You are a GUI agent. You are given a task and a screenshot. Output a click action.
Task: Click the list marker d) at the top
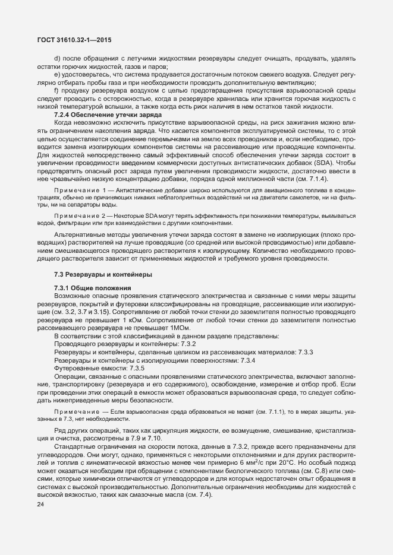58,58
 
